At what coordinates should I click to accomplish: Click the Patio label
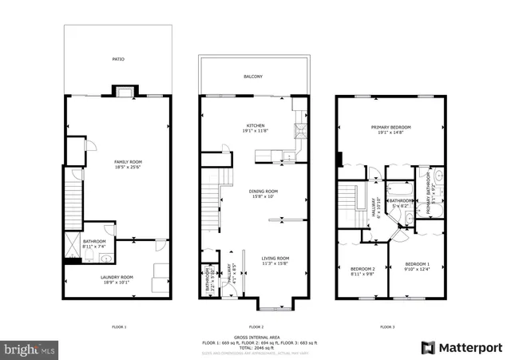coord(117,59)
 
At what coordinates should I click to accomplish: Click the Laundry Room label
coord(117,277)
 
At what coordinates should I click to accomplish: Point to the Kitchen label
coord(255,126)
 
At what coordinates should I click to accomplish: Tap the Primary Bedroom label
coord(390,127)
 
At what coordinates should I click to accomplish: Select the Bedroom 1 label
coord(417,264)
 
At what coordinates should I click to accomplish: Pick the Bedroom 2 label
coord(362,269)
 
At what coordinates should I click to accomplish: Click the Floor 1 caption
coord(118,327)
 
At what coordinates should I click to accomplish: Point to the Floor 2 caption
coord(255,327)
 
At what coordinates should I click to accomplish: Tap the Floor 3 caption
coord(386,327)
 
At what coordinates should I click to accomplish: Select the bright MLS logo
coord(30,350)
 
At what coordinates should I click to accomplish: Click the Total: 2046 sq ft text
coord(255,346)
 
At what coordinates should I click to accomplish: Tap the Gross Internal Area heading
coord(255,337)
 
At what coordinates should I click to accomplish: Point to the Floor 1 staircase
coord(74,204)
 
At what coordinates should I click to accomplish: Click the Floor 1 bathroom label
coord(93,240)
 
